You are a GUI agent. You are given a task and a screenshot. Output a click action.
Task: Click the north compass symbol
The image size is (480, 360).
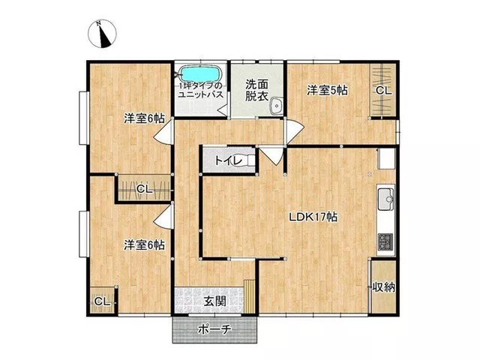click(x=102, y=34)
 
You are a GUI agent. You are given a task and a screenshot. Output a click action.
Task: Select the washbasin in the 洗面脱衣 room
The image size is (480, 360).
click(x=277, y=106)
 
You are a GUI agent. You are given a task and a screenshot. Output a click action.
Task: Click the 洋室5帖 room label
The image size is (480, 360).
click(x=327, y=90)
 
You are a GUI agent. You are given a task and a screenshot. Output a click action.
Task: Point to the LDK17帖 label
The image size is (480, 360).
click(x=313, y=217)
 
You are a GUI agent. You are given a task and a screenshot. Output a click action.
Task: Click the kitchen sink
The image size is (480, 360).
click(x=386, y=199)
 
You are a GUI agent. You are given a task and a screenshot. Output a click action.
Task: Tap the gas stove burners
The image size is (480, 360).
click(x=385, y=241)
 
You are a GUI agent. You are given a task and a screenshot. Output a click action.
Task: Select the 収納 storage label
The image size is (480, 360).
click(x=383, y=287)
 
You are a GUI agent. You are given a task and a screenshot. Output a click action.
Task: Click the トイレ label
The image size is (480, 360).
click(x=228, y=160)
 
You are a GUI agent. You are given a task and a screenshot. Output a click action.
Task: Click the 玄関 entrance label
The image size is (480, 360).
click(x=215, y=301)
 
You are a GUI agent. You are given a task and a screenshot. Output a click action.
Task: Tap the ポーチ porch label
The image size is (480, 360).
click(x=214, y=330)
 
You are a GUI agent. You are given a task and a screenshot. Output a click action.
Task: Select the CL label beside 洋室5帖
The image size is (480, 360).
click(x=383, y=90)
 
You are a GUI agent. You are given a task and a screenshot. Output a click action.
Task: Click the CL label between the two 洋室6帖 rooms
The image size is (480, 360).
click(x=144, y=189)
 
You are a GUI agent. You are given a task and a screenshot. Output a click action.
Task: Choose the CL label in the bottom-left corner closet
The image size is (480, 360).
click(x=102, y=301)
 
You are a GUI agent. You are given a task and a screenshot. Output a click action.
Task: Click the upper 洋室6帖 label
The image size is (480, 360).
click(x=144, y=118)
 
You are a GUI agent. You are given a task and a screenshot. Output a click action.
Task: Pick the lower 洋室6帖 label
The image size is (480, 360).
click(x=144, y=245)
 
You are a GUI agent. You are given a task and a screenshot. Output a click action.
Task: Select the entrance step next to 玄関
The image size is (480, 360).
click(x=250, y=296)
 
